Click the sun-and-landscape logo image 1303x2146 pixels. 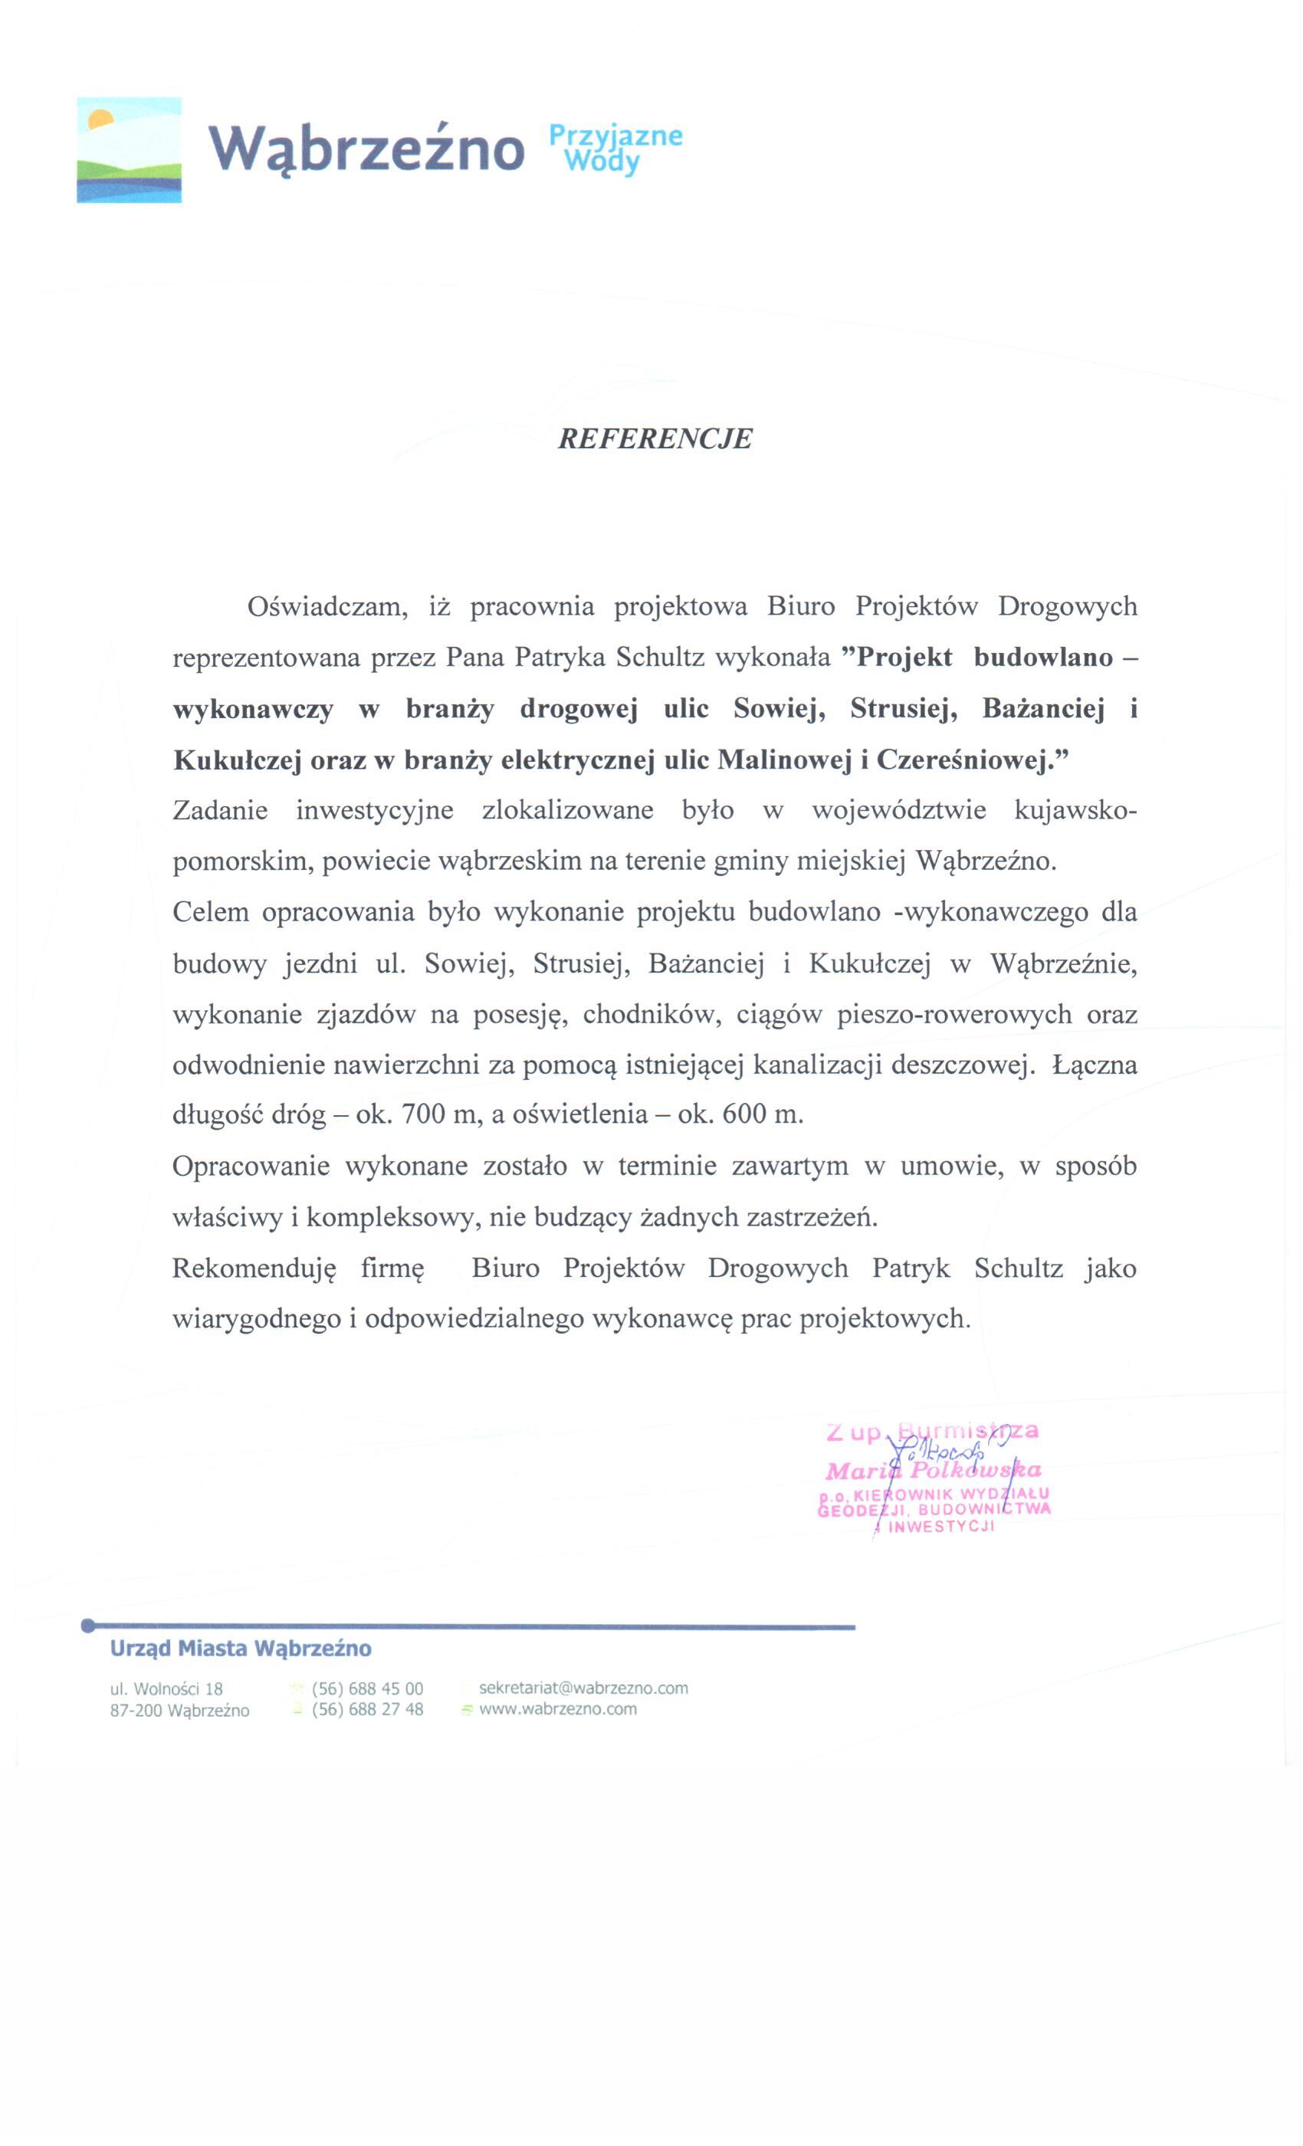(x=129, y=149)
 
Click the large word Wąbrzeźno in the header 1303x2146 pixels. (x=366, y=148)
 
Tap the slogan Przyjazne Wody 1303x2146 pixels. (x=615, y=148)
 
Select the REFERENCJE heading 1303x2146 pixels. (x=654, y=438)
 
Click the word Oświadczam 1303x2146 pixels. (x=327, y=606)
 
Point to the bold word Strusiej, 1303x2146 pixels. (x=903, y=709)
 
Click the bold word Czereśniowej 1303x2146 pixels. (x=970, y=760)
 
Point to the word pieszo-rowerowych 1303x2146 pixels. (x=953, y=1015)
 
